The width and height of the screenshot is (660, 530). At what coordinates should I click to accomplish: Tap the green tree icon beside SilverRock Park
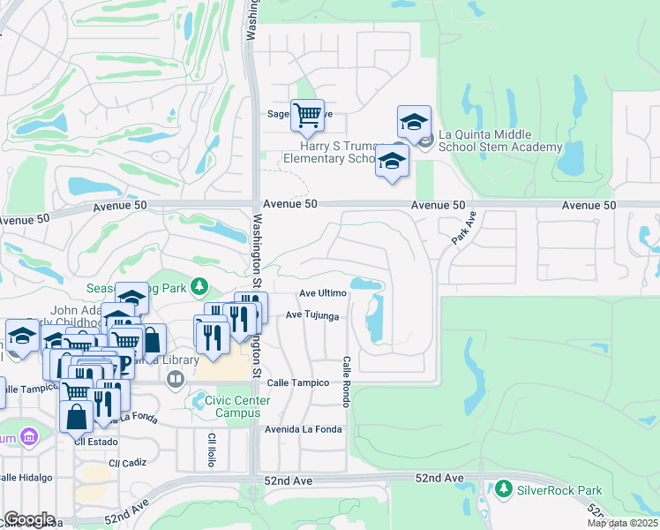[x=504, y=488]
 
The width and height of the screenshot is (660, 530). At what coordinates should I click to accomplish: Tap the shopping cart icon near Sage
[x=307, y=114]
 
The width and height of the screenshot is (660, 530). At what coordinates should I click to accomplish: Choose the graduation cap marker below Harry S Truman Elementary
[x=392, y=161]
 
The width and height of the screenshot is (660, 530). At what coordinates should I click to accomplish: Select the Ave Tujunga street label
[x=313, y=316]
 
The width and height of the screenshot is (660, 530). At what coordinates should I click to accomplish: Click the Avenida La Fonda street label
[x=303, y=430]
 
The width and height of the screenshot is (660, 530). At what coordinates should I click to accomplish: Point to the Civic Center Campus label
[x=237, y=406]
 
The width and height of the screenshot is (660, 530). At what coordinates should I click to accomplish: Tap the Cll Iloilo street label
[x=212, y=450]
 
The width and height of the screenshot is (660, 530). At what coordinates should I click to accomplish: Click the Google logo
[x=30, y=519]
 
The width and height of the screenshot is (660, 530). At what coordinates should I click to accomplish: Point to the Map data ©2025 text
[x=622, y=523]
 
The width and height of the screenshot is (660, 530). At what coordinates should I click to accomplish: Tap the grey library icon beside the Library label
[x=176, y=380]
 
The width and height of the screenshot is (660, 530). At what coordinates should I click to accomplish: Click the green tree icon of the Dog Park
[x=201, y=286]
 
